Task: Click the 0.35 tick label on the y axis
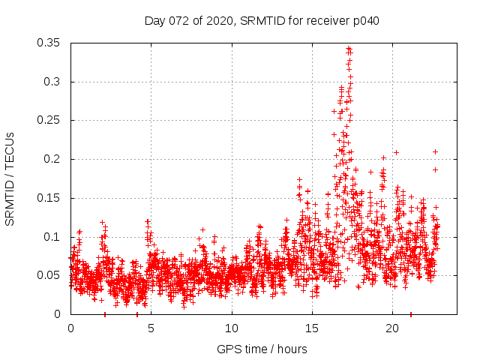[49, 43]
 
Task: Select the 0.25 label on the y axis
[49, 120]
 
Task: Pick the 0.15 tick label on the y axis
[49, 198]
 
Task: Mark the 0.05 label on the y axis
[49, 275]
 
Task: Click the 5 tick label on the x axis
[151, 328]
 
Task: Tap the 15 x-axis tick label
[312, 328]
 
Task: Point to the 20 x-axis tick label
[392, 328]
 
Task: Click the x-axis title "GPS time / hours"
[262, 349]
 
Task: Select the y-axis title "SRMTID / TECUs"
[10, 178]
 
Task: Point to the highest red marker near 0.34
[348, 49]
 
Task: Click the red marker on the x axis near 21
[410, 314]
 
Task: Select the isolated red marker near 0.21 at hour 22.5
[435, 151]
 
